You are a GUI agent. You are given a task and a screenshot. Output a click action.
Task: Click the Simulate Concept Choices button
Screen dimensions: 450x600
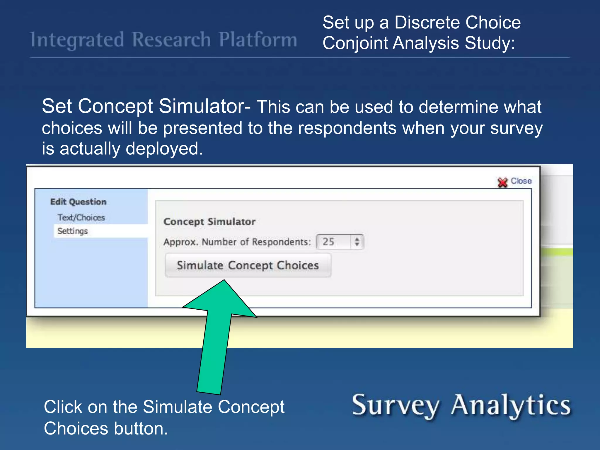[x=248, y=265]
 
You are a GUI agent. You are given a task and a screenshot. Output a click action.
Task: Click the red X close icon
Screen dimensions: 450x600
[x=502, y=182]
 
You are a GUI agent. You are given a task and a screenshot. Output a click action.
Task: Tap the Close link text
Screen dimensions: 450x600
[x=521, y=181]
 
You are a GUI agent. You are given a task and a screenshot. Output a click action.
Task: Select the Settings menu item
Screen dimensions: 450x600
[x=73, y=231]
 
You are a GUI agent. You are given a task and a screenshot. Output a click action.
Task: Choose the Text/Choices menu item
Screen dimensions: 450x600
[x=81, y=217]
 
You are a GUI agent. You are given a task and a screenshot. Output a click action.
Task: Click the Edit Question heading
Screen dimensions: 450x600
[x=78, y=202]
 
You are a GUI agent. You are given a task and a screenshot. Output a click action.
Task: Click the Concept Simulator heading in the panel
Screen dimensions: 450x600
[x=209, y=221]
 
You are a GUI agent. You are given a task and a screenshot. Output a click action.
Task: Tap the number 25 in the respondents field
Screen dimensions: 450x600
[x=328, y=242]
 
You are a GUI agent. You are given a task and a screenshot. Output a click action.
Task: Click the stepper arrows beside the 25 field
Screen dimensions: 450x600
[x=357, y=242]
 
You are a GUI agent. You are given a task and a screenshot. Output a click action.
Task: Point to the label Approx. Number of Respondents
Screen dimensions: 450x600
[x=237, y=242]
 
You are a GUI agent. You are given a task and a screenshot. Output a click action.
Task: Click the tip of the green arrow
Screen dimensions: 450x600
[x=224, y=282]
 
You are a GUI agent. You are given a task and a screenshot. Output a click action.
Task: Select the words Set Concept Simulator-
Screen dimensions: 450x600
[x=146, y=106]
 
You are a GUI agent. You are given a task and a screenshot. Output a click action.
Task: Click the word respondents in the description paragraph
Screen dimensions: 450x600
[x=347, y=128]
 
